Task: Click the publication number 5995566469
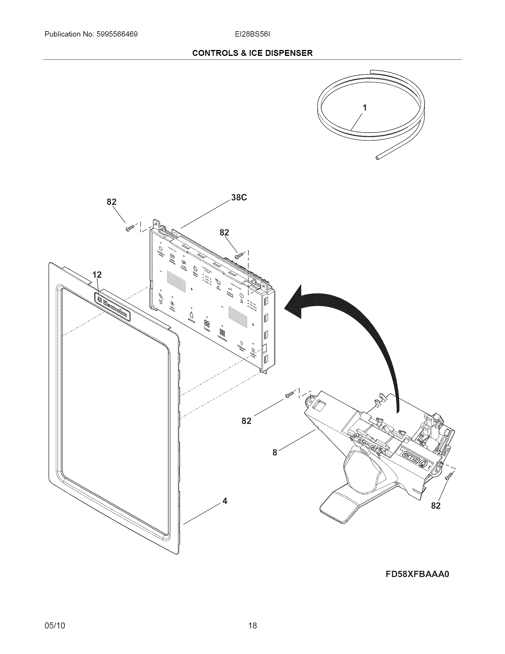click(x=117, y=34)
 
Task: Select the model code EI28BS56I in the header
click(x=252, y=34)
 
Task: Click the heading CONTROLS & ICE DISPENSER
click(x=252, y=53)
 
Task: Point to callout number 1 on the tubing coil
click(x=364, y=108)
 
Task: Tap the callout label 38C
click(x=239, y=198)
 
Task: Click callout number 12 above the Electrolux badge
click(x=97, y=275)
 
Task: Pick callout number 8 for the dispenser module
click(x=275, y=452)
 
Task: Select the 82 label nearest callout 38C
click(x=224, y=232)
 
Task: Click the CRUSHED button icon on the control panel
click(x=222, y=332)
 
